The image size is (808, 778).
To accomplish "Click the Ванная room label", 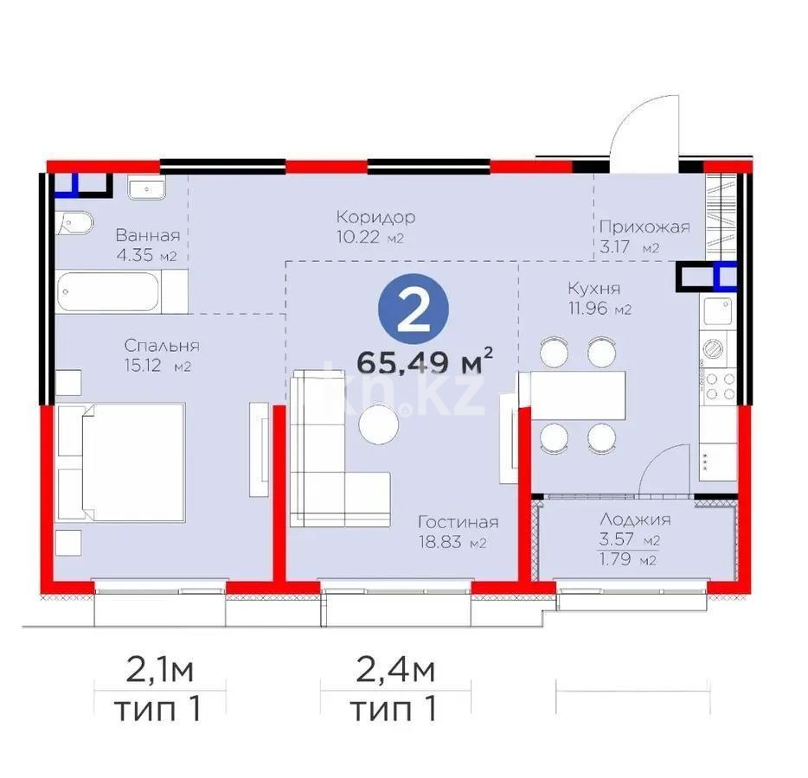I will pos(147,235).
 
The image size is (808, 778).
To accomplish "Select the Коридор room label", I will pos(375,217).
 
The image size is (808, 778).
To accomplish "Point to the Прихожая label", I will pos(644,227).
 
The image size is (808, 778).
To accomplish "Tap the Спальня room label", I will pos(162,346).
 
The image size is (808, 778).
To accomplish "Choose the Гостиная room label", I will pos(458,522).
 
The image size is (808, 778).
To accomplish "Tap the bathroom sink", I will pos(146,187).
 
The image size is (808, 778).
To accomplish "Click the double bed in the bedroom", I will pos(121,462).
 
